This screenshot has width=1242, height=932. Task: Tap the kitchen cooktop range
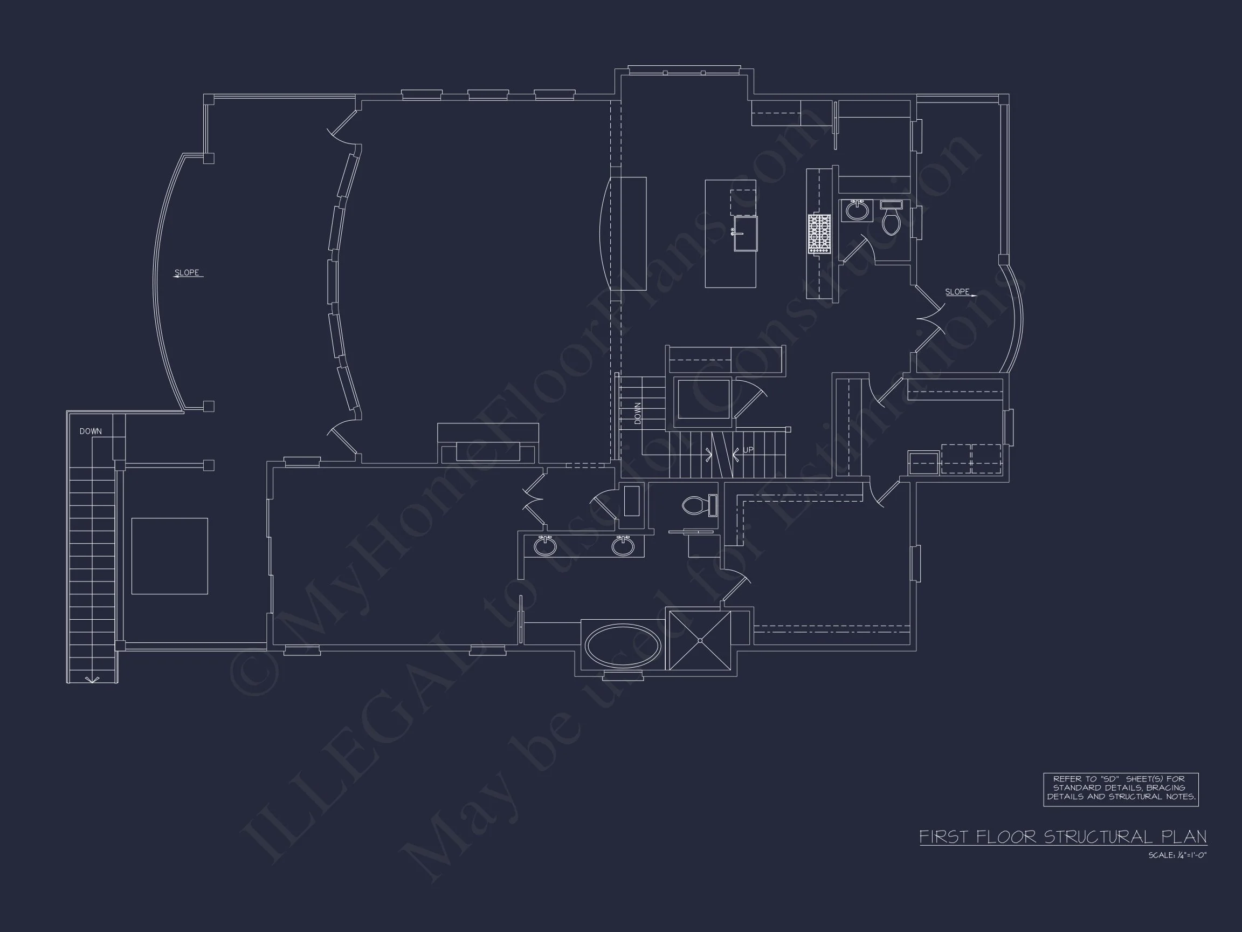(x=819, y=234)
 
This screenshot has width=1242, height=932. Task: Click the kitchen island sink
(x=745, y=233)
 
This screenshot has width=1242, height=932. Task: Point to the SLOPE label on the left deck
(x=187, y=273)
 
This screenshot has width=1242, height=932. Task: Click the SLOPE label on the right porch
(x=957, y=292)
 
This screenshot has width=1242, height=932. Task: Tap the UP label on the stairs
(x=748, y=450)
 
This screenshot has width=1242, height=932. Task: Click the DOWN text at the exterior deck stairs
(x=91, y=431)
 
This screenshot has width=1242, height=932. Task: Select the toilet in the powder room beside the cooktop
(x=891, y=220)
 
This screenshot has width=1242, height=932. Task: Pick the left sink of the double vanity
(x=544, y=545)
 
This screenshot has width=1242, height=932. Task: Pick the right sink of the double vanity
(x=623, y=545)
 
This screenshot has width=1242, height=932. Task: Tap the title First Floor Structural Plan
(x=1063, y=837)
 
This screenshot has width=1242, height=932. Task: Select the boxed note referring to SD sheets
(x=1121, y=789)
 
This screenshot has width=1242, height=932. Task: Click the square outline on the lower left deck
(x=170, y=556)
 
